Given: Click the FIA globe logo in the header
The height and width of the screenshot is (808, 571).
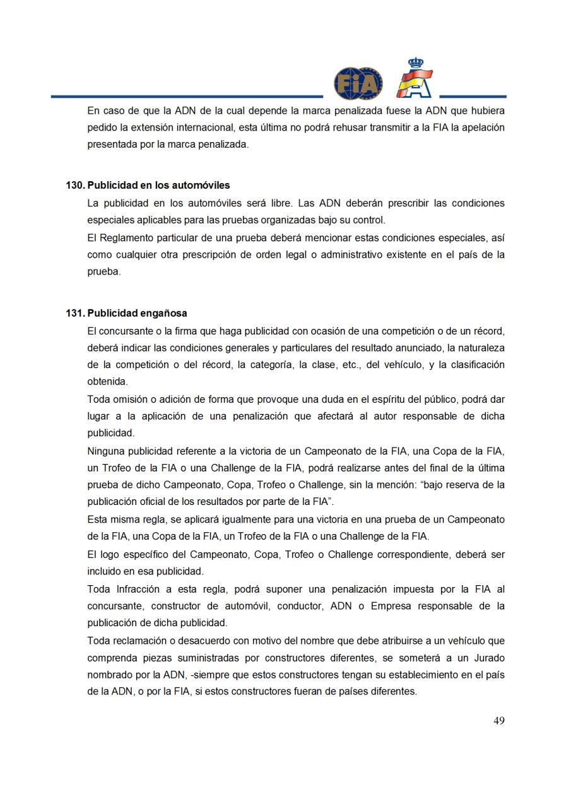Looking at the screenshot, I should [358, 83].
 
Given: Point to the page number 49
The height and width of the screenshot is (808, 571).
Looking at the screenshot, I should [498, 721].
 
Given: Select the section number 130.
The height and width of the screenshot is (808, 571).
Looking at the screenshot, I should [75, 186].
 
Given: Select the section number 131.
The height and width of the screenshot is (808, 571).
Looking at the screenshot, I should [75, 313].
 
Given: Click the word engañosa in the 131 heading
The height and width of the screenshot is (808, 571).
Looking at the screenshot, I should [164, 313].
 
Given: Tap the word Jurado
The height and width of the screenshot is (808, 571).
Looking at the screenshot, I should [487, 658].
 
